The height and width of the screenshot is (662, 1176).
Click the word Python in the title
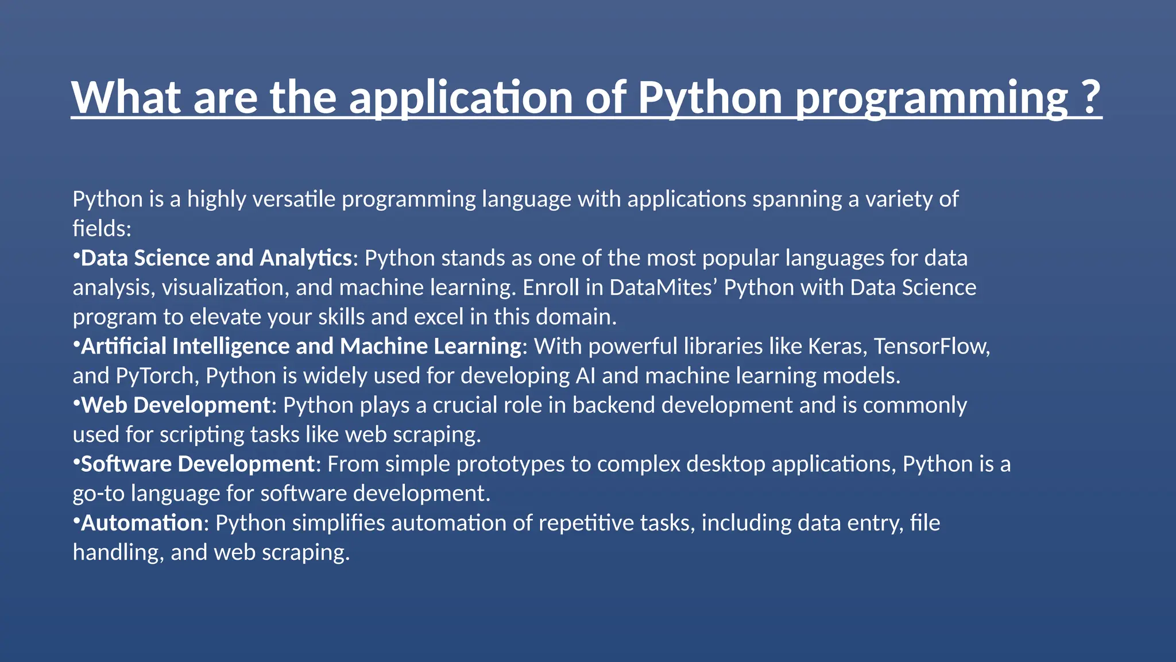point(710,98)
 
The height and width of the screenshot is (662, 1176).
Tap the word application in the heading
point(461,98)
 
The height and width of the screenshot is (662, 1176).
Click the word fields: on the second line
point(102,229)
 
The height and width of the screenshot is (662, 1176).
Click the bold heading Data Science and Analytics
point(216,258)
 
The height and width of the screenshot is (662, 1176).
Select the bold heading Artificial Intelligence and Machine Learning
point(301,347)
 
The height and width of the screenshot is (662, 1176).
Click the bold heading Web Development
point(176,406)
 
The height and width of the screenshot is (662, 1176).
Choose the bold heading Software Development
point(198,464)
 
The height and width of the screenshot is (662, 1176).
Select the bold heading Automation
point(142,524)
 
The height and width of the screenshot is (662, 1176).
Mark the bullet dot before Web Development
point(76,402)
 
